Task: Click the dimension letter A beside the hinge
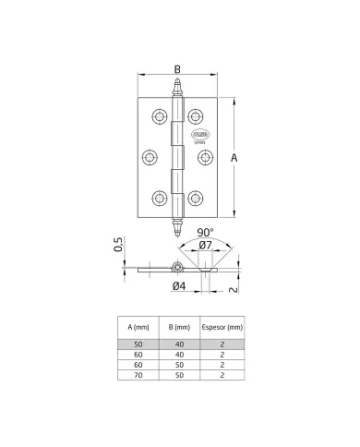[x=237, y=159]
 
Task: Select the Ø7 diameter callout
[x=205, y=246]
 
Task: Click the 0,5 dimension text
[x=118, y=245]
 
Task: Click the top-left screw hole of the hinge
[x=159, y=116]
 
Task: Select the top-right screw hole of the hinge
[x=195, y=116]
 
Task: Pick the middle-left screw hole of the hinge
[x=148, y=156]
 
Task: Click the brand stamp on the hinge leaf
[x=200, y=138]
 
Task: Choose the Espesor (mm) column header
[x=222, y=327]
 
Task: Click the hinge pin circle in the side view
[x=175, y=269]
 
